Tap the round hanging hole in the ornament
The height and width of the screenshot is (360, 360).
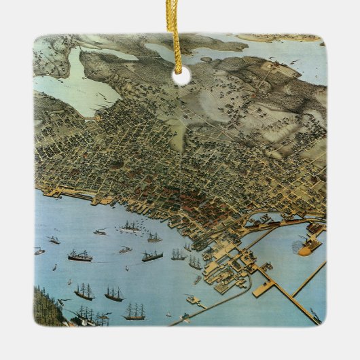coord(181,75)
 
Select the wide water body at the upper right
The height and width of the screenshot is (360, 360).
coord(285,54)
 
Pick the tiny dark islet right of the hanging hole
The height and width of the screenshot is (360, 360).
coord(204,60)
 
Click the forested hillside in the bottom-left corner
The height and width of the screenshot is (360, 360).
coord(48,306)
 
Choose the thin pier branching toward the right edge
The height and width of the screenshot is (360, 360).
coord(309,278)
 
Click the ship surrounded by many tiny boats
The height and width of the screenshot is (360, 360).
coord(130,226)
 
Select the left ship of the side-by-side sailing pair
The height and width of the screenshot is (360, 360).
coord(85,292)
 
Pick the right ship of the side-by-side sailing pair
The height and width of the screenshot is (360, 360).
coord(113,293)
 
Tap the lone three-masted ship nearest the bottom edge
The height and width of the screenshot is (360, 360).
coord(134,312)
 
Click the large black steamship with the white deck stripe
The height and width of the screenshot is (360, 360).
coord(79,256)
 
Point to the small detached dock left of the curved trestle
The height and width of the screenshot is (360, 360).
coord(192,299)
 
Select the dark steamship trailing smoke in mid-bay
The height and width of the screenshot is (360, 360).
coord(152,256)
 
